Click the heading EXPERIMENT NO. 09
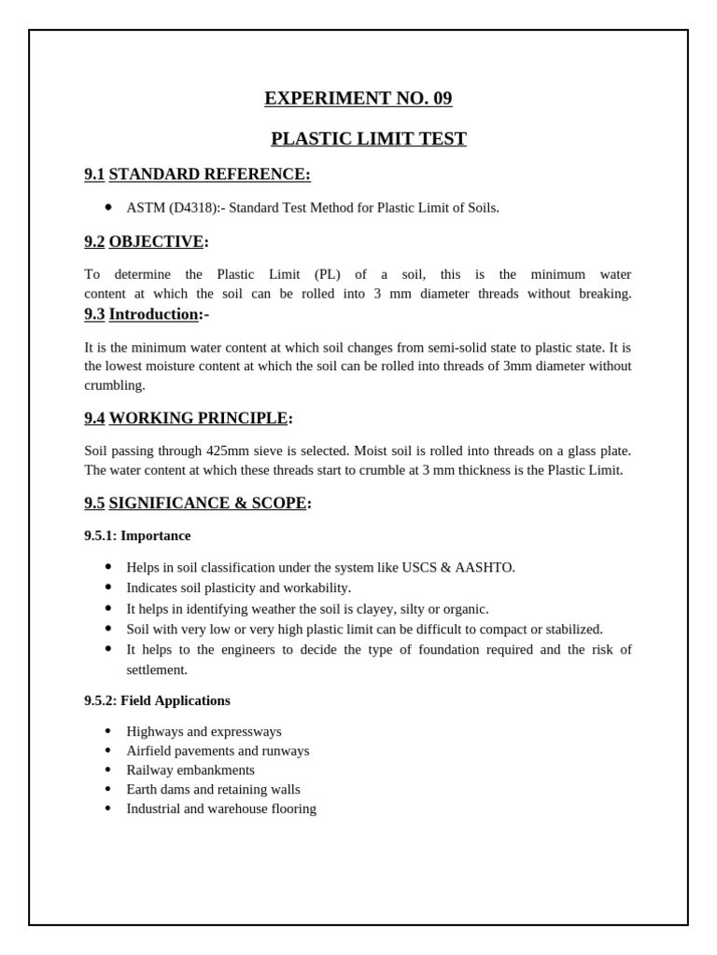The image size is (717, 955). click(358, 99)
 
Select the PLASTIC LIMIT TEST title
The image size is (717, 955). click(368, 139)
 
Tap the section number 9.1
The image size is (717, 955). click(94, 174)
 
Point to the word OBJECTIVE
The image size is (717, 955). click(156, 242)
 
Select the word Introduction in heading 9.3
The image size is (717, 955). click(154, 314)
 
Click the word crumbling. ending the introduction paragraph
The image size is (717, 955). click(115, 385)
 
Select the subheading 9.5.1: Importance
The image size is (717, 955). click(137, 536)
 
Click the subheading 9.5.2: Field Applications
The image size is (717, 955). click(157, 700)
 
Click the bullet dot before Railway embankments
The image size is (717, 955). click(108, 769)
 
